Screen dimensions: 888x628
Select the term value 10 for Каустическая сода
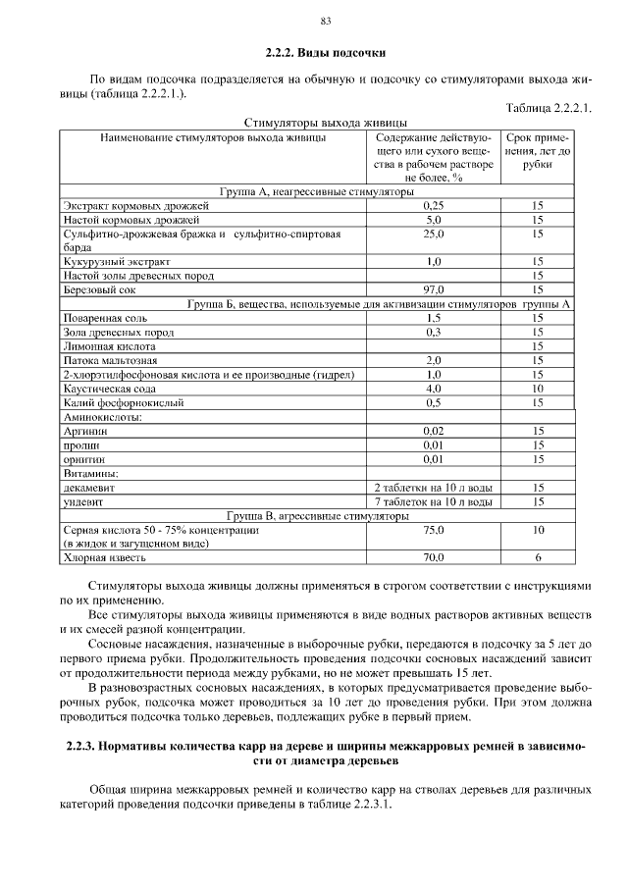click(538, 389)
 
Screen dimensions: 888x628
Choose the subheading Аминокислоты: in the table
click(102, 417)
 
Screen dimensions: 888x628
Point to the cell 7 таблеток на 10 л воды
click(434, 501)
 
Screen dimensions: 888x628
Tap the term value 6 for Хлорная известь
click(538, 558)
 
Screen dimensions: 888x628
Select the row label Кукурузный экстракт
click(117, 262)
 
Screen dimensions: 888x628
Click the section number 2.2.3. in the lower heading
click(81, 747)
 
